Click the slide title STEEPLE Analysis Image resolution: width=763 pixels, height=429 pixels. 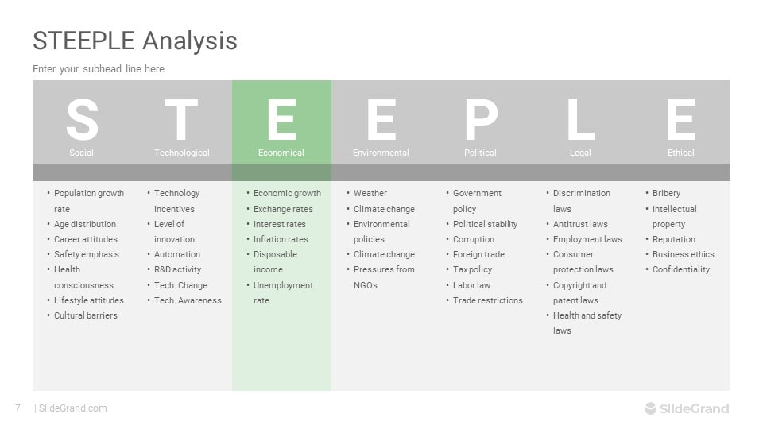(135, 41)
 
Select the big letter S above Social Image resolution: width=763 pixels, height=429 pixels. (82, 119)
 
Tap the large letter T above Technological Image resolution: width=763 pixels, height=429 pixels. (181, 119)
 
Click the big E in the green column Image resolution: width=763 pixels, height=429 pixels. (281, 119)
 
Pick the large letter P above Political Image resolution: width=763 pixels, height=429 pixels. (482, 119)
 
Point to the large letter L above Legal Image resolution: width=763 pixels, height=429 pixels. (580, 119)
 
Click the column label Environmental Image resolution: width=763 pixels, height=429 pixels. (381, 153)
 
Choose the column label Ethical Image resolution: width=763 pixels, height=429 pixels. (681, 153)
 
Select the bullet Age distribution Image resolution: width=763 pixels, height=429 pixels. (85, 224)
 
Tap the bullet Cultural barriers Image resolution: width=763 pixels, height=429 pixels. (86, 315)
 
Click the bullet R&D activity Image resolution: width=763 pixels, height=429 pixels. (177, 269)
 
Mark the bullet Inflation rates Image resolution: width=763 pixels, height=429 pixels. (281, 239)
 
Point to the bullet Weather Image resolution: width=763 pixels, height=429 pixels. (370, 193)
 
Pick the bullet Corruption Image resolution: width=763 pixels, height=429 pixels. (474, 239)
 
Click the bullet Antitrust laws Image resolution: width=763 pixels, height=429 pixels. (580, 224)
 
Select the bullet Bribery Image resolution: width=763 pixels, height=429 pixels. (666, 194)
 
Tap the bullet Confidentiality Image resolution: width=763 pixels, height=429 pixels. (681, 269)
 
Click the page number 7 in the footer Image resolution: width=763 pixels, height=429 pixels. (18, 408)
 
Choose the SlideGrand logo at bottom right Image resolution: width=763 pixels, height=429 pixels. (687, 408)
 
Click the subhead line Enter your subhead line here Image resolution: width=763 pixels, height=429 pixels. (99, 69)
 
